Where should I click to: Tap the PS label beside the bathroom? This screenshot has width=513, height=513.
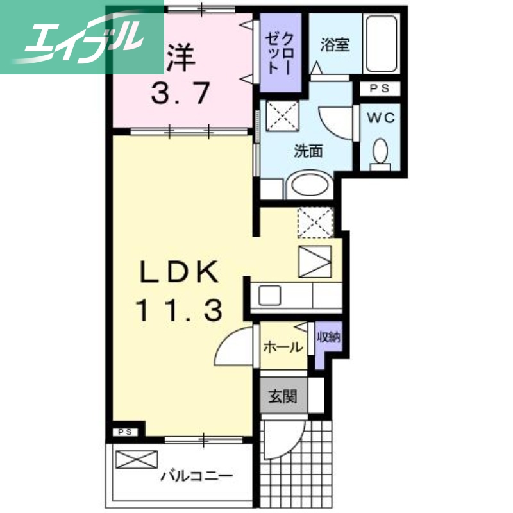379,89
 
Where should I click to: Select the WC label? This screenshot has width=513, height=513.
380,118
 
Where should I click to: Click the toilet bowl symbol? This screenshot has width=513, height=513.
380,151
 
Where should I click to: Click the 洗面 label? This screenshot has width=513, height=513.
308,152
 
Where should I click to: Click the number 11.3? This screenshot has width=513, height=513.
179,311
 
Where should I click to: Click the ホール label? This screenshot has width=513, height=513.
283,348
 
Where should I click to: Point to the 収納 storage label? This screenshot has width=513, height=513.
328,336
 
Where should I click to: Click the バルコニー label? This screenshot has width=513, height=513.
196,476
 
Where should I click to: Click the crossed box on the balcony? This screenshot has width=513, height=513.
137,460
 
